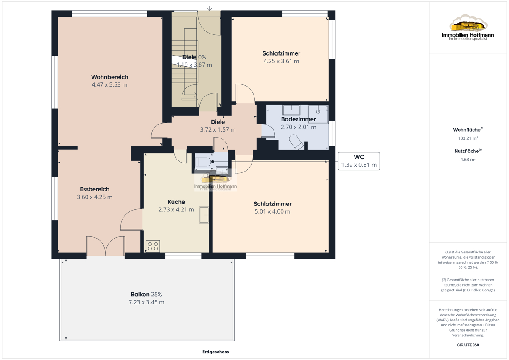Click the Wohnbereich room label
tap(110, 77)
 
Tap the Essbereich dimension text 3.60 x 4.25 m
tap(95, 197)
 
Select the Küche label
tap(176, 202)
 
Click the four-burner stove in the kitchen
tap(153, 246)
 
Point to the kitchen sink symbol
tap(204, 215)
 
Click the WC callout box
tap(359, 161)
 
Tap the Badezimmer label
tap(298, 119)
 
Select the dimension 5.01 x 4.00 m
tap(272, 211)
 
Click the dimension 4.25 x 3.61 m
tap(281, 61)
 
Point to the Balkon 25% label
tap(146, 294)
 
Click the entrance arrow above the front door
tap(209, 8)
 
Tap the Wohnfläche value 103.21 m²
tap(468, 138)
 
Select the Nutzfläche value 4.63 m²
tap(468, 160)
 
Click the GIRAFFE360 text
tap(468, 345)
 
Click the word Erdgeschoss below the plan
tap(215, 352)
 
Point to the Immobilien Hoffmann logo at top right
tap(468, 27)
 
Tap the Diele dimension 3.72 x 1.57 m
tap(218, 129)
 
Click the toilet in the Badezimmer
tap(296, 142)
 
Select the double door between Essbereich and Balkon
tap(106, 246)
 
